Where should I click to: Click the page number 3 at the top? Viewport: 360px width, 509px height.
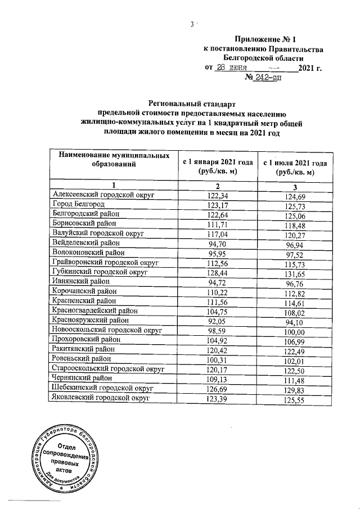(x=192, y=24)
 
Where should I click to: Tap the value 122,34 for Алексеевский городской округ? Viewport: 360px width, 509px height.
(x=217, y=195)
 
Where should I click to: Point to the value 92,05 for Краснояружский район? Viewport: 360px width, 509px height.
(x=217, y=322)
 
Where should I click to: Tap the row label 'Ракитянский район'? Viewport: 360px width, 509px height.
(x=83, y=350)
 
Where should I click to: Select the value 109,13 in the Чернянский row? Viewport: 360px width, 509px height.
(x=217, y=379)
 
